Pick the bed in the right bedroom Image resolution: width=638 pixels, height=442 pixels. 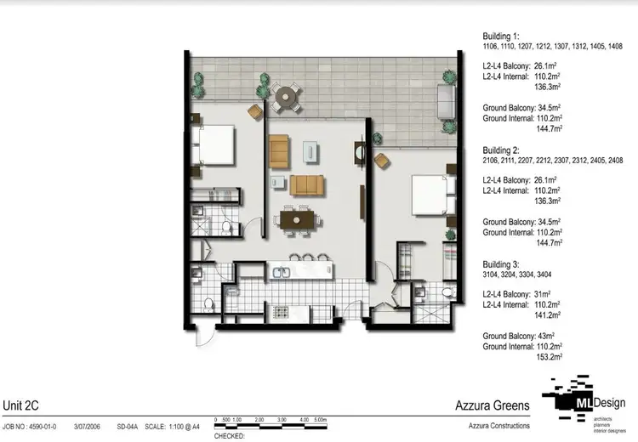[x=430, y=195]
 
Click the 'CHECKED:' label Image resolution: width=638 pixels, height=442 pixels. [x=229, y=435]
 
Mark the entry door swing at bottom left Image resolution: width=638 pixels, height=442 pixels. [x=204, y=333]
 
